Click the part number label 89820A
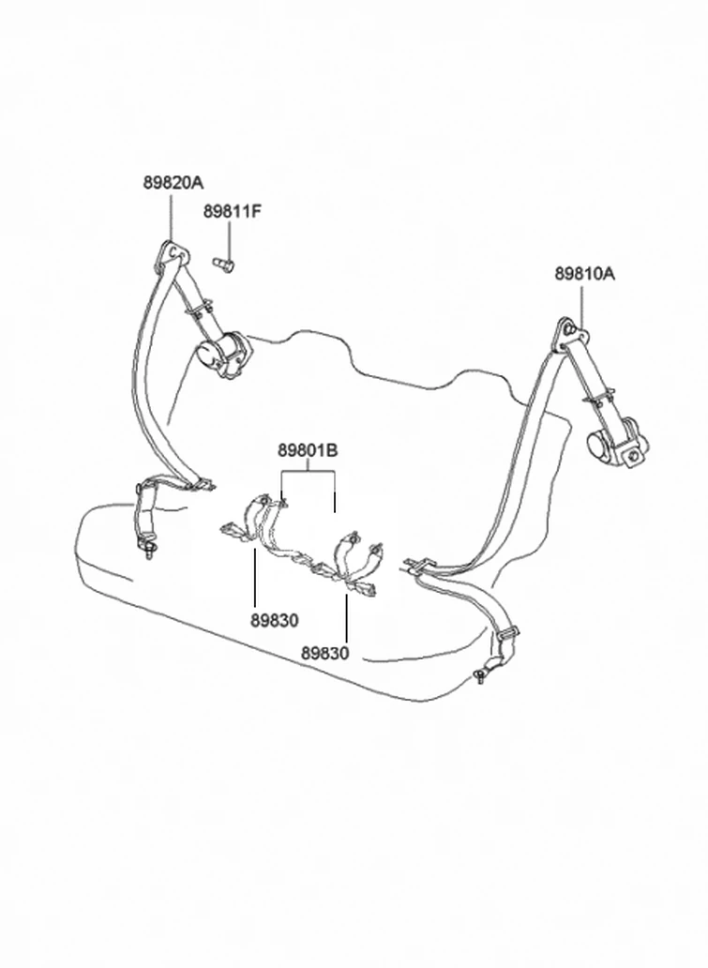[x=173, y=182]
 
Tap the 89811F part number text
[x=232, y=211]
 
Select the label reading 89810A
[x=584, y=274]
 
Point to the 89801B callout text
[x=308, y=450]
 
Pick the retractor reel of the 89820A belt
[x=223, y=354]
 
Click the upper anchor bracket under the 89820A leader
[x=173, y=254]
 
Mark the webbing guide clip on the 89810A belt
[x=598, y=399]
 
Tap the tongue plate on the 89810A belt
[x=417, y=565]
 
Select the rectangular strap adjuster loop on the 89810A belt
[x=507, y=634]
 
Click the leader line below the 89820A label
[x=171, y=216]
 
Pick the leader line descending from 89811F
[x=229, y=240]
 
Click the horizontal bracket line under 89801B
[x=308, y=472]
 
